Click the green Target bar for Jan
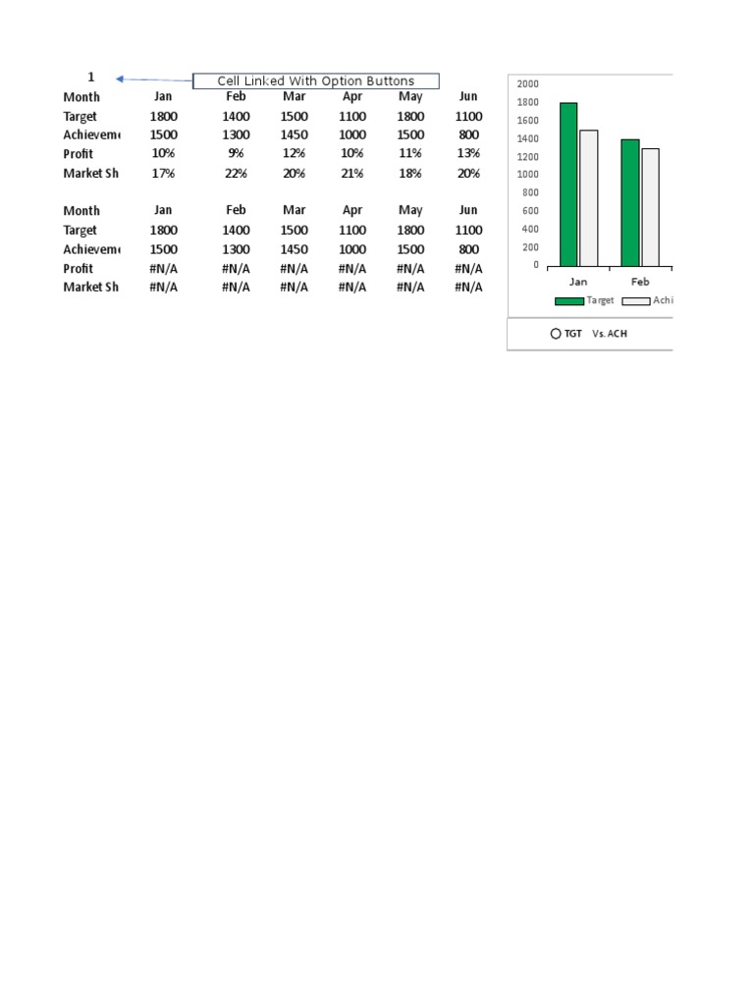coord(568,185)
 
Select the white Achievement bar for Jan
coord(588,198)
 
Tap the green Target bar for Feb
coord(629,202)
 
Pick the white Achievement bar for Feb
coord(650,207)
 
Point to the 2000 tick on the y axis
coord(528,83)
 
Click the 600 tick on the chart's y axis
coord(530,211)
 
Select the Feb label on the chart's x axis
coord(639,282)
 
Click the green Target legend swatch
coord(568,301)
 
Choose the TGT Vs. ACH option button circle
coord(556,334)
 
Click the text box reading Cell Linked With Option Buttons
coord(315,81)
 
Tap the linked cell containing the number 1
coord(91,77)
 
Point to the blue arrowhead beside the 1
coord(119,79)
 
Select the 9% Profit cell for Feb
coord(236,154)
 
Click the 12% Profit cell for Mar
coord(294,154)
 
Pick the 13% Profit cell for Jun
coord(468,154)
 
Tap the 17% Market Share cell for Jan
coord(163,174)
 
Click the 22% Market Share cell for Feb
coord(236,174)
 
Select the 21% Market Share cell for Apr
coord(352,174)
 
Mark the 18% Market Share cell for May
coord(410,174)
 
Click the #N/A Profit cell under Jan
coord(163,269)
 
